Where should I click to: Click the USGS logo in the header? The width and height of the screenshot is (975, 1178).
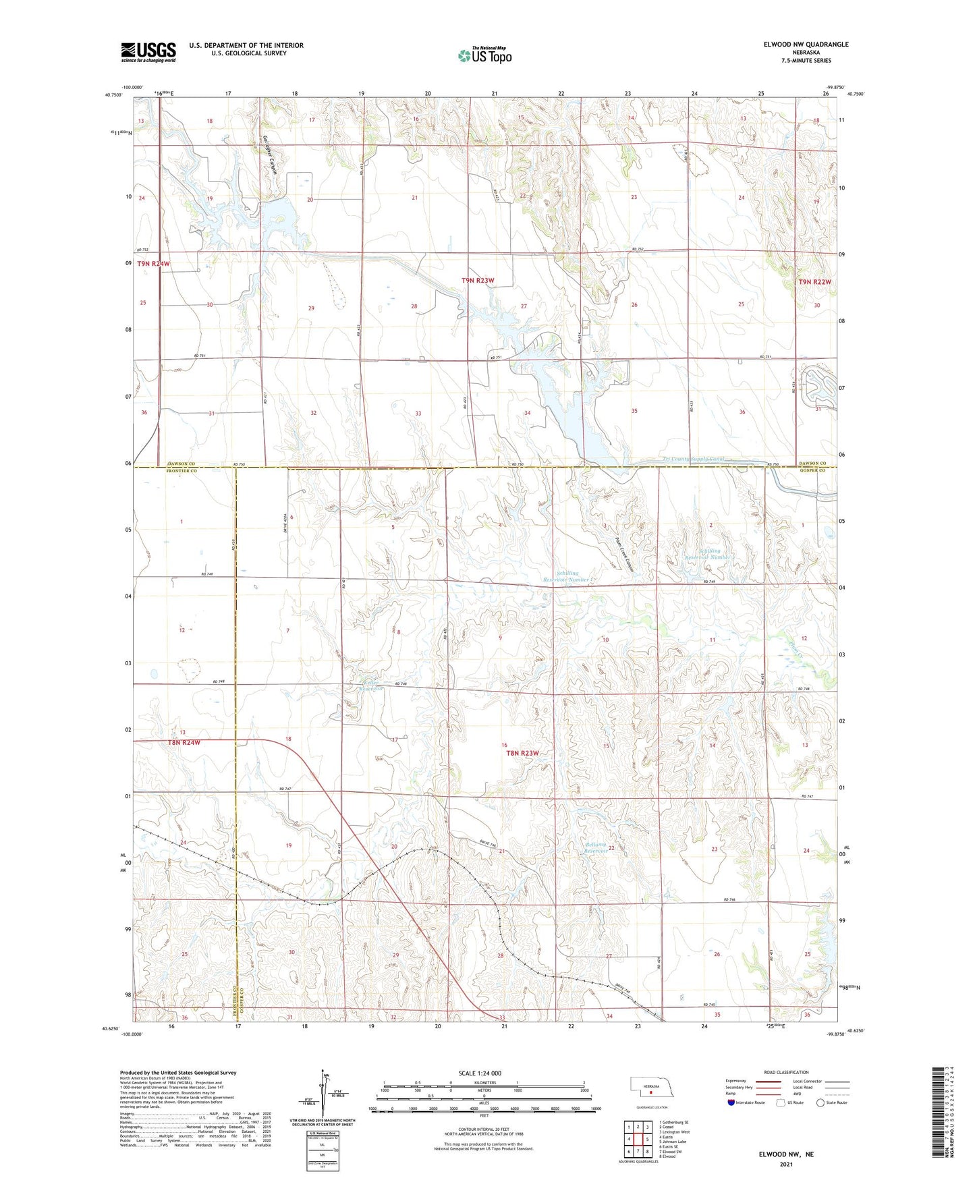(148, 52)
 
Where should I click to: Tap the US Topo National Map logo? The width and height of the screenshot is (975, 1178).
(484, 55)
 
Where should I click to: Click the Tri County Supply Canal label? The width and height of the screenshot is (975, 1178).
(694, 459)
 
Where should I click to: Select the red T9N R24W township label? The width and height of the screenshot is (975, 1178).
(154, 264)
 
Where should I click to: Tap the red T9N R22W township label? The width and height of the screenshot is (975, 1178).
(815, 282)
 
